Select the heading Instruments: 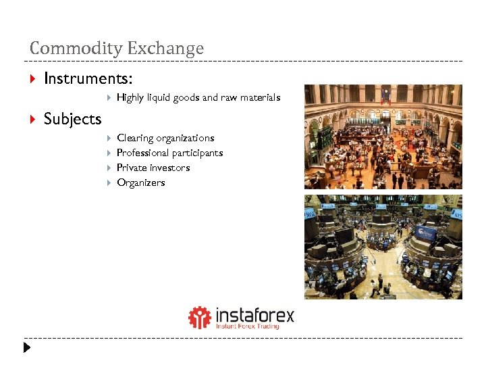pyautogui.click(x=88, y=78)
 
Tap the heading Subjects pyautogui.click(x=72, y=119)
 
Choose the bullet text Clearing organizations pyautogui.click(x=165, y=138)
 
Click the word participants pyautogui.click(x=197, y=153)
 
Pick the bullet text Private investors pyautogui.click(x=153, y=168)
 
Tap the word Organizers pyautogui.click(x=140, y=182)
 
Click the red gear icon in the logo pyautogui.click(x=199, y=317)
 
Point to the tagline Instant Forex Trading pyautogui.click(x=247, y=326)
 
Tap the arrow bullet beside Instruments pyautogui.click(x=33, y=79)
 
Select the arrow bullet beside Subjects pyautogui.click(x=33, y=120)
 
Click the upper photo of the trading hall pyautogui.click(x=383, y=137)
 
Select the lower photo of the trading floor pyautogui.click(x=383, y=247)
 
